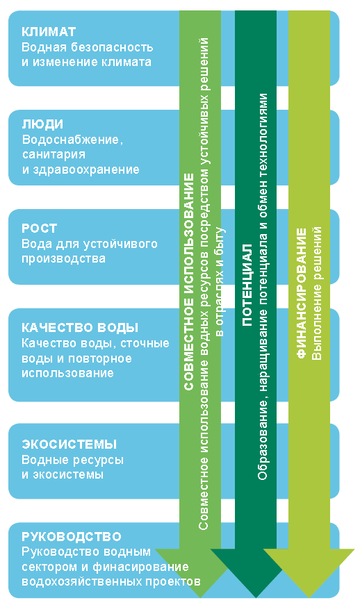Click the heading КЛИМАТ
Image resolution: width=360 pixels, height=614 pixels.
[49, 32]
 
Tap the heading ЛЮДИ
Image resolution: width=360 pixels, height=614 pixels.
[42, 125]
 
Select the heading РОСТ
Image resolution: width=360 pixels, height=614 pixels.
[39, 229]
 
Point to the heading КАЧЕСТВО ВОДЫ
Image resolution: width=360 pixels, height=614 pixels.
[80, 327]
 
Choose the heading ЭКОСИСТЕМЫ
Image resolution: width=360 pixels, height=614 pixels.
[69, 445]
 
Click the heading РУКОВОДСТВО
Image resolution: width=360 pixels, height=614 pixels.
[72, 536]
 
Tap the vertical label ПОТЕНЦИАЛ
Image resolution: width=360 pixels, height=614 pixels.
[247, 285]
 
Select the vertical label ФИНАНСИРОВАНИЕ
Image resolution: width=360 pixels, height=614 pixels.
[302, 293]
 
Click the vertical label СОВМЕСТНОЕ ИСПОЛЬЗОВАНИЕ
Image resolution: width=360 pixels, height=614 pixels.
[189, 282]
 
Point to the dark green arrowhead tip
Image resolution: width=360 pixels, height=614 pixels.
[256, 597]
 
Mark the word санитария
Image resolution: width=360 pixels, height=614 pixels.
[54, 155]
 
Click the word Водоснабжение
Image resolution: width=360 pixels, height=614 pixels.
[72, 140]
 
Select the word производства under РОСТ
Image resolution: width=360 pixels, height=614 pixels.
[63, 259]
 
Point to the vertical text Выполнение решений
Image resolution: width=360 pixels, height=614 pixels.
[316, 293]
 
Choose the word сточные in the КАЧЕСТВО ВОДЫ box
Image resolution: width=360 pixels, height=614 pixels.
[145, 344]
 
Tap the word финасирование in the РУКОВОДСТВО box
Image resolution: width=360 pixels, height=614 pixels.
[140, 567]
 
